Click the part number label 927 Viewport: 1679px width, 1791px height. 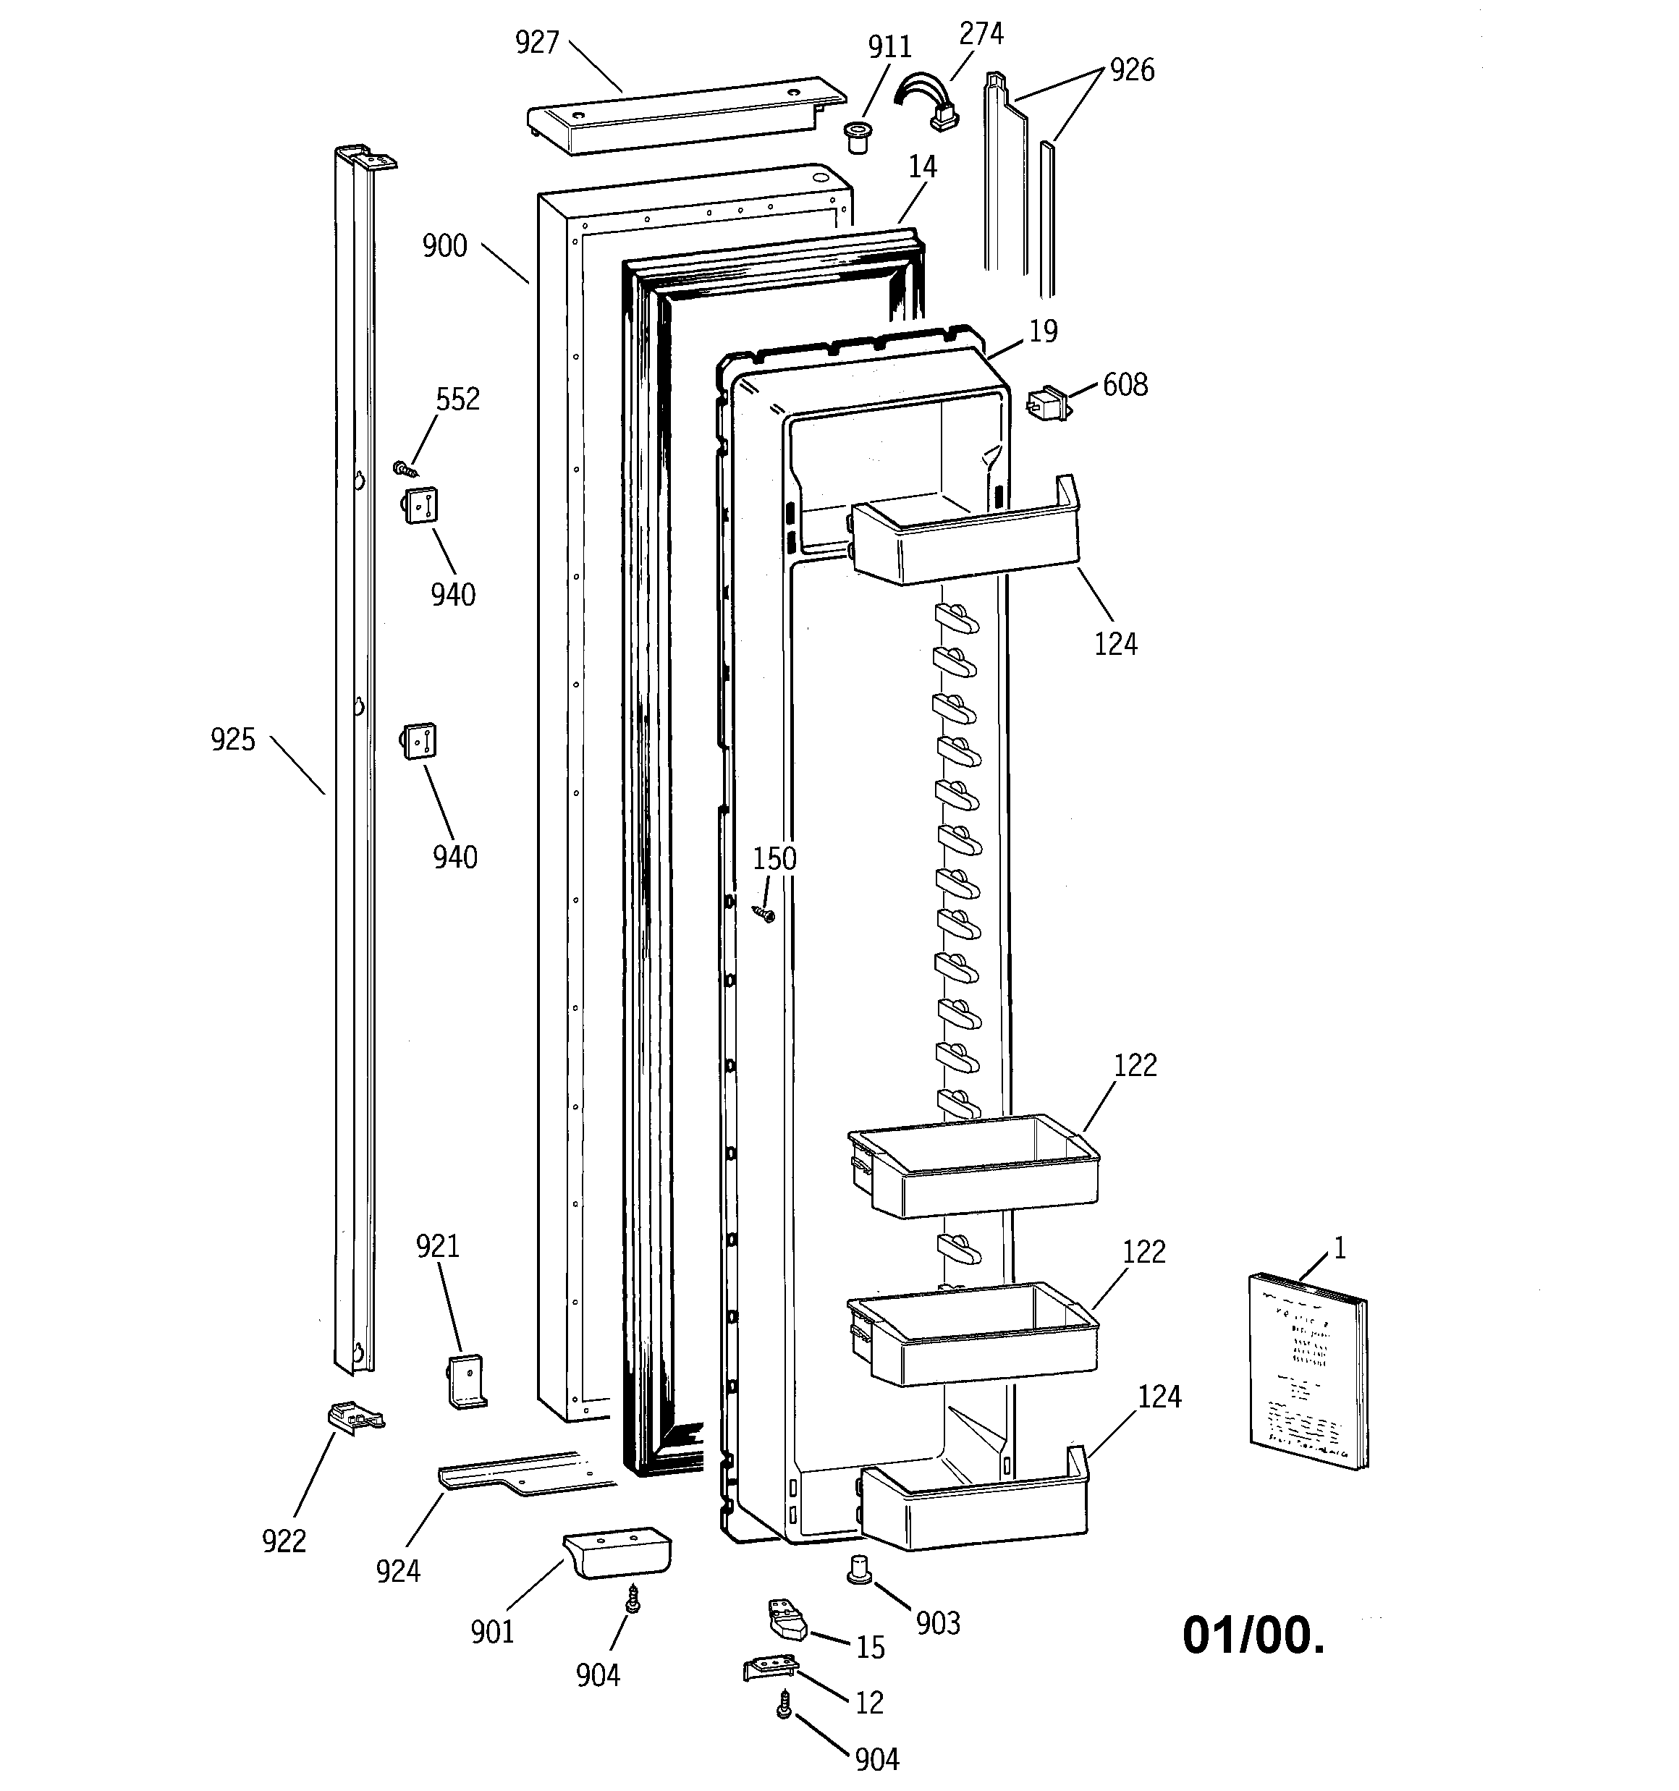tap(537, 43)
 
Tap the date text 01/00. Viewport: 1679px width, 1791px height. tap(1253, 1635)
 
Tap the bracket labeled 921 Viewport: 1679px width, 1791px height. tap(467, 1381)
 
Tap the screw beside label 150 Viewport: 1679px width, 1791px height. tap(765, 915)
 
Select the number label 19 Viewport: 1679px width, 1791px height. tap(1043, 331)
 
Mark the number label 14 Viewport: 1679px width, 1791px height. tap(922, 166)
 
